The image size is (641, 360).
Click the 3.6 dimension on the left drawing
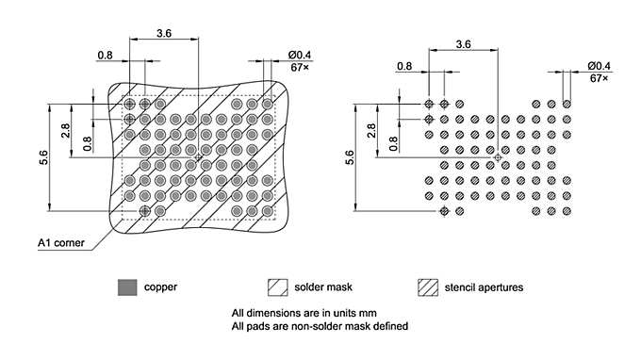pyautogui.click(x=163, y=33)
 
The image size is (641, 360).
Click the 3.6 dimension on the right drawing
pyautogui.click(x=463, y=43)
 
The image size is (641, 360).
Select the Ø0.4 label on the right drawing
pyautogui.click(x=599, y=65)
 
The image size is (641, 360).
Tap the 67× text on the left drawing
pyautogui.click(x=300, y=67)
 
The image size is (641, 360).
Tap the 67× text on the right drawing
pyautogui.click(x=600, y=78)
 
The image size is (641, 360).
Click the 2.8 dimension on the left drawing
pyautogui.click(x=66, y=130)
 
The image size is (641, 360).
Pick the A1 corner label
pyautogui.click(x=61, y=243)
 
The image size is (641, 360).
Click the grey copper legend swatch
pyautogui.click(x=125, y=286)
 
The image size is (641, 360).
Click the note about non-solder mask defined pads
pyautogui.click(x=320, y=326)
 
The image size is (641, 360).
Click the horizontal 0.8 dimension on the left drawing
pyautogui.click(x=106, y=55)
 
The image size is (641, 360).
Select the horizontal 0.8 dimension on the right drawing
pyautogui.click(x=404, y=66)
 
